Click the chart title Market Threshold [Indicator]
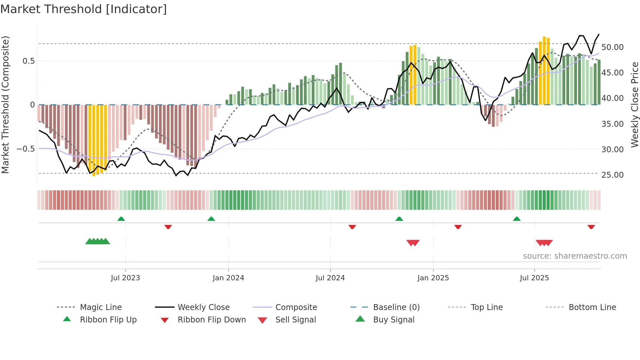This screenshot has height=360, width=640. (x=84, y=9)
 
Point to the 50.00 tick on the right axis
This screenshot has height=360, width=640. (x=612, y=47)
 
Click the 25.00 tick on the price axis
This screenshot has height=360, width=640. (x=612, y=175)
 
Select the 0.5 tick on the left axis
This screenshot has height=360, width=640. (x=28, y=61)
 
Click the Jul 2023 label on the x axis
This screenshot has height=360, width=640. (x=125, y=278)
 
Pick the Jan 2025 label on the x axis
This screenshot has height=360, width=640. (x=433, y=278)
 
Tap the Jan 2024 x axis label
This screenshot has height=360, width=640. (x=228, y=278)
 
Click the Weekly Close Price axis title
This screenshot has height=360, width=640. (x=634, y=105)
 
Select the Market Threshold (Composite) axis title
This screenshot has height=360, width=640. (x=5, y=105)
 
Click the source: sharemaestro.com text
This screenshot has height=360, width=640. (x=575, y=256)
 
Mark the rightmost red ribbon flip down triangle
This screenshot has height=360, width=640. (x=591, y=227)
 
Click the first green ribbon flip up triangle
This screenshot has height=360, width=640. (x=121, y=219)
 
